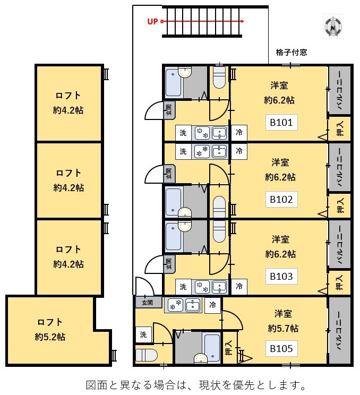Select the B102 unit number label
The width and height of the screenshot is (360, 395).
(x=281, y=200)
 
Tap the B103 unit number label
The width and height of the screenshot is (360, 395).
(x=281, y=276)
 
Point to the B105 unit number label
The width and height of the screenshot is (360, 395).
(x=281, y=349)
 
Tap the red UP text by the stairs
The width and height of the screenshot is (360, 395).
(x=153, y=22)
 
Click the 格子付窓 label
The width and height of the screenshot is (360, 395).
(x=291, y=53)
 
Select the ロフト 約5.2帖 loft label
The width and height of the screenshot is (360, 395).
(x=50, y=329)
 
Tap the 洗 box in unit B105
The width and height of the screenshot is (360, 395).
(x=143, y=335)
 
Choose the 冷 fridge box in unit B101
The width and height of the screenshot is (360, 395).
(x=239, y=132)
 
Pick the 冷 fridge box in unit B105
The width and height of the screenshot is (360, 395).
(x=212, y=305)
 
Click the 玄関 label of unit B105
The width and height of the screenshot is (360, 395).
(x=147, y=303)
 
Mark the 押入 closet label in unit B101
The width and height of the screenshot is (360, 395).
(x=340, y=128)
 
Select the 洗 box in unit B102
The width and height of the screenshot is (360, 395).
(x=183, y=151)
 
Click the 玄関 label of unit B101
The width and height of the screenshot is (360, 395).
(x=169, y=109)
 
